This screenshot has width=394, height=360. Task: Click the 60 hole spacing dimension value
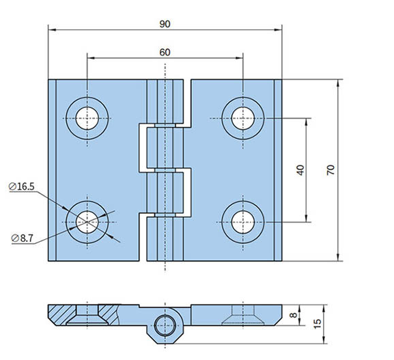click(x=165, y=52)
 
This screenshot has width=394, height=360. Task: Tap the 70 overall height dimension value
click(x=331, y=170)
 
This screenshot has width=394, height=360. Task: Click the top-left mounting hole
click(x=87, y=118)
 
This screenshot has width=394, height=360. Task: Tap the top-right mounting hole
click(x=243, y=118)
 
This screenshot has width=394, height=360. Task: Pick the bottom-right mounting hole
click(x=243, y=221)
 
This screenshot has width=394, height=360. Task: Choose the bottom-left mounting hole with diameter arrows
click(x=87, y=221)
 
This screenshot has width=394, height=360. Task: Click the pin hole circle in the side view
click(x=165, y=324)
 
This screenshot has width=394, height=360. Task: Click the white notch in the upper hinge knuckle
click(x=144, y=147)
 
